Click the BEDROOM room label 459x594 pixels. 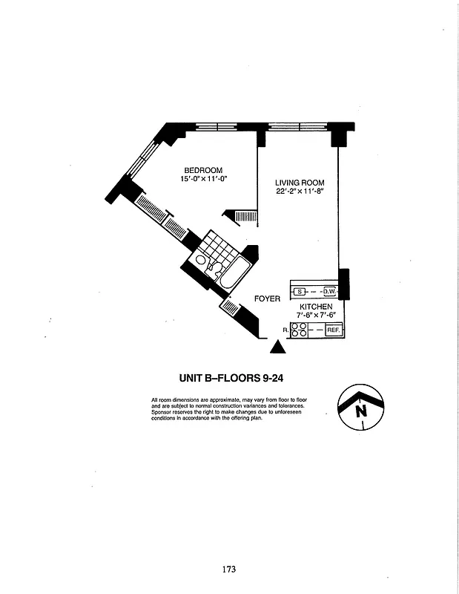tap(203, 171)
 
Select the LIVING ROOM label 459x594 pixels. tap(300, 183)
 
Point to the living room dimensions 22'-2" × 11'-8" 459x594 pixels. tap(300, 192)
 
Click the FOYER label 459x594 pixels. tap(267, 298)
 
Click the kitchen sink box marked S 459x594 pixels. tap(299, 292)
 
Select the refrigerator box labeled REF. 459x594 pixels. tap(333, 330)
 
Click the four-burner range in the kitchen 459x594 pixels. tap(300, 330)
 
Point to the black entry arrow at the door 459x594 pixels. tap(277, 346)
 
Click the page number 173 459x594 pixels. tap(229, 569)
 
